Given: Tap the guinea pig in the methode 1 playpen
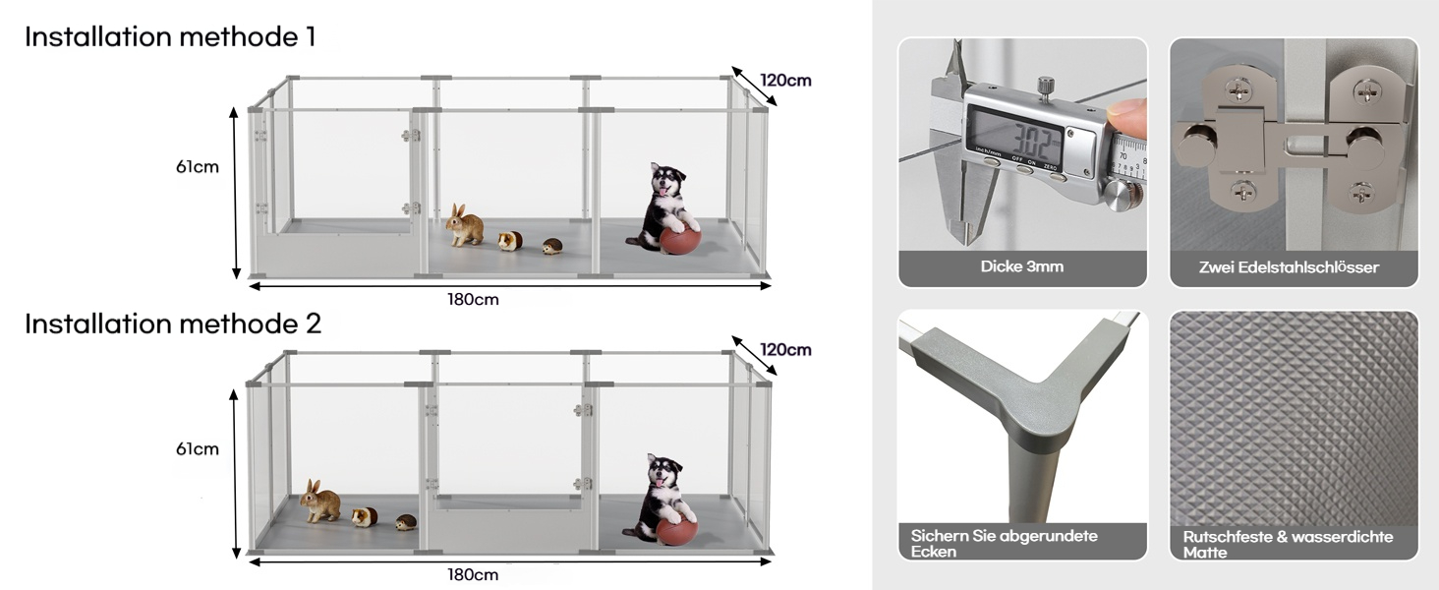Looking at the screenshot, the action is (510, 241).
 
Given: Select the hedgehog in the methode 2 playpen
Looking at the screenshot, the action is (406, 522).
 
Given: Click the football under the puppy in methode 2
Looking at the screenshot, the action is (676, 531).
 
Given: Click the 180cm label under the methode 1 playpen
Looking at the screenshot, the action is (474, 300).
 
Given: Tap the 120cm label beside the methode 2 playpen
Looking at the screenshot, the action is (785, 350).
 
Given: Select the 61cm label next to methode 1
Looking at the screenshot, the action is (198, 167).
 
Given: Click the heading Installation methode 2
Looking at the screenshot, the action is (173, 324).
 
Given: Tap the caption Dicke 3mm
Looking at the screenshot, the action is (1022, 266).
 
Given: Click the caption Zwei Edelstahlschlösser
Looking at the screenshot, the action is (1289, 267).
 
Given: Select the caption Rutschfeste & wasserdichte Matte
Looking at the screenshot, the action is (1288, 545).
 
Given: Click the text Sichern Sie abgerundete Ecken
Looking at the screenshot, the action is (1005, 543).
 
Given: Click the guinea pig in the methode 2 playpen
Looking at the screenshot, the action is (365, 516).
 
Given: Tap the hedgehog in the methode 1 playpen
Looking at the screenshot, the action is (551, 246).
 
